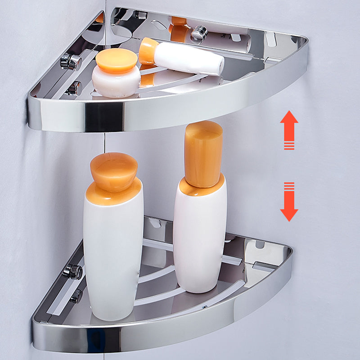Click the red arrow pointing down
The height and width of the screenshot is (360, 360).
pos(289,205)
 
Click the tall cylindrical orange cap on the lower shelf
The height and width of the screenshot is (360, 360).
pos(203,153)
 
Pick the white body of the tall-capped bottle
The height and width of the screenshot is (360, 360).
pos(200,238)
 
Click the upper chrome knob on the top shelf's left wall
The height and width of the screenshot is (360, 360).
pos(71,62)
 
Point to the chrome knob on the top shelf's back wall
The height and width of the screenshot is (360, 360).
pos(198,32)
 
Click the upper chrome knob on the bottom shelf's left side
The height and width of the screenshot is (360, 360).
pos(72,271)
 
